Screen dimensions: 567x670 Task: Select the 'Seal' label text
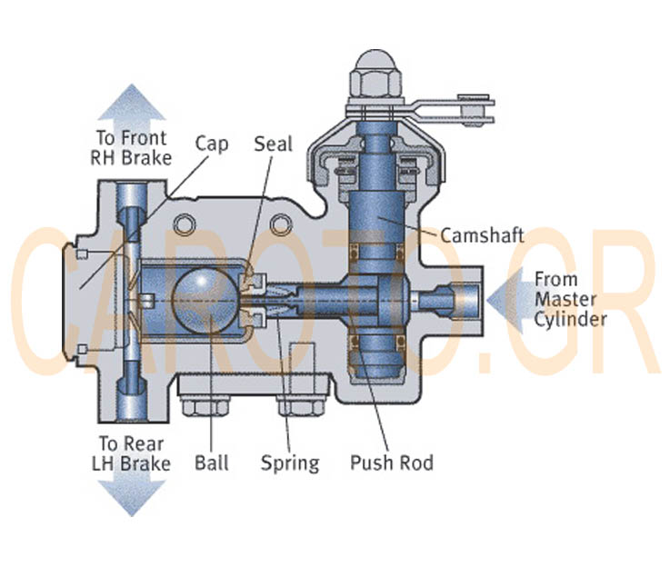(x=273, y=144)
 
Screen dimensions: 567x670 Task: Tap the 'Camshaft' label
(x=481, y=234)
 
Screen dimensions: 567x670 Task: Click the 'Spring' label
(x=290, y=463)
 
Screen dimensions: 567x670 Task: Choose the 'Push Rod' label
(x=392, y=463)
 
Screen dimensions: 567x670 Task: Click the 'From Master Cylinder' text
(x=569, y=299)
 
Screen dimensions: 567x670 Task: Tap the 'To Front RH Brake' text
(x=132, y=148)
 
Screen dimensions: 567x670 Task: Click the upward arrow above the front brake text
(x=132, y=104)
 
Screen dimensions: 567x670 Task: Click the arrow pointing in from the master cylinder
(x=505, y=299)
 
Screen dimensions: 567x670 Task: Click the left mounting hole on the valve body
(x=187, y=222)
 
